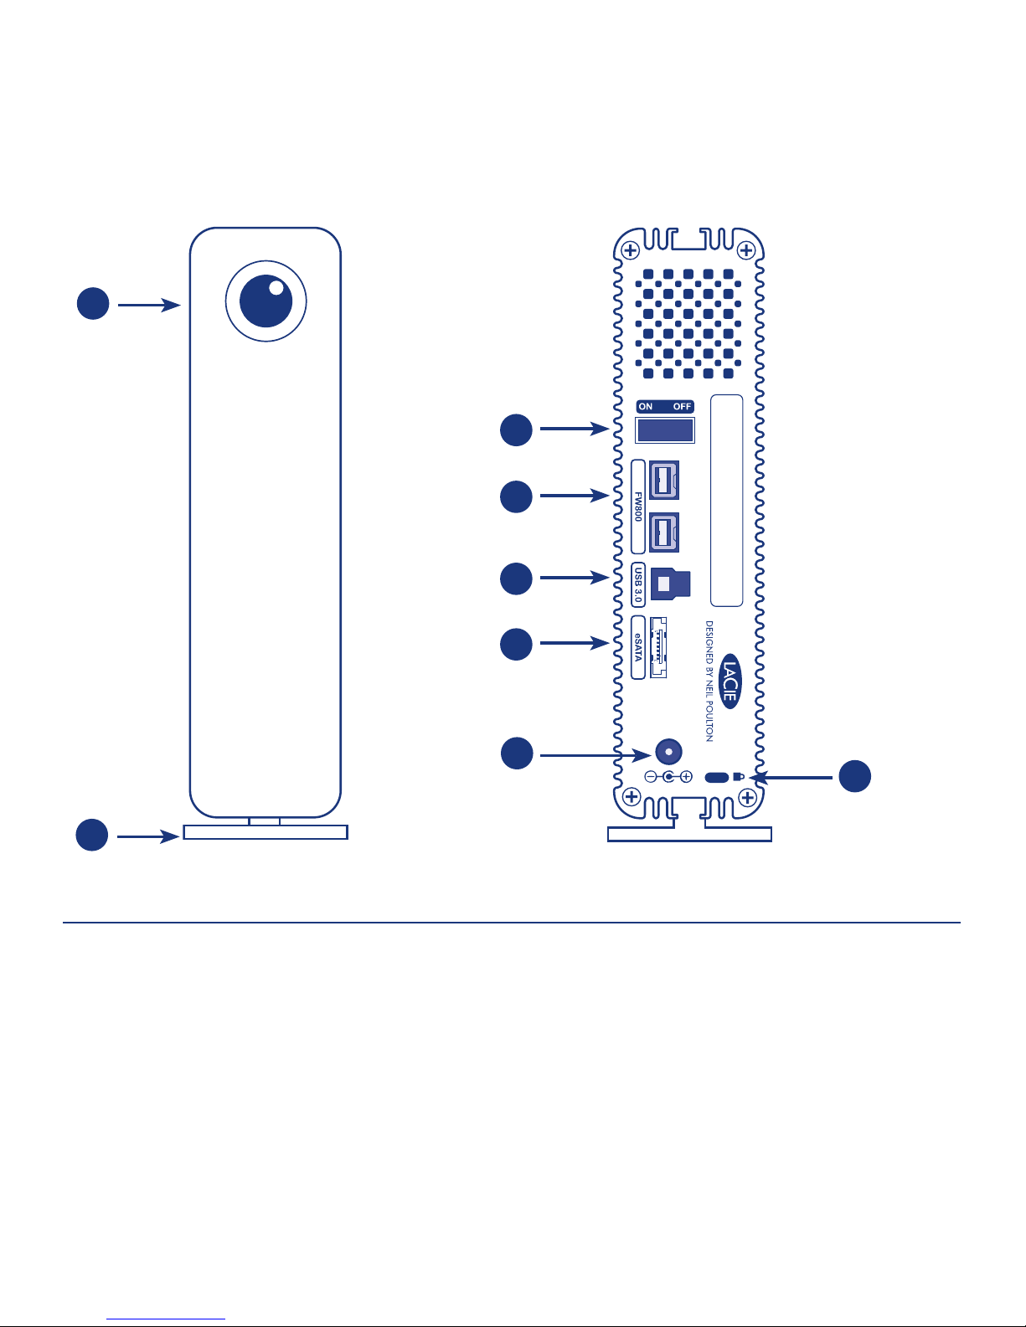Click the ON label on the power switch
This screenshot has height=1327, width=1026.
click(x=646, y=406)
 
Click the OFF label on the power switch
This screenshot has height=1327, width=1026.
click(x=682, y=406)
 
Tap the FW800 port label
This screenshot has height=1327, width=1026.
click(x=638, y=507)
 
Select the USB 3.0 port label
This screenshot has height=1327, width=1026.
click(x=638, y=584)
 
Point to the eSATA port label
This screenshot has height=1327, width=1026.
click(x=638, y=647)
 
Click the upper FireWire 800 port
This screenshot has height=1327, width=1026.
click(x=664, y=480)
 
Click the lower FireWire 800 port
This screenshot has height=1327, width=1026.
click(x=664, y=532)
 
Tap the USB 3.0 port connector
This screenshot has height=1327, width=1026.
click(x=671, y=584)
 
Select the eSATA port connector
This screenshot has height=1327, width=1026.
click(x=658, y=647)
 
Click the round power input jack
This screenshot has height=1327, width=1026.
click(x=668, y=751)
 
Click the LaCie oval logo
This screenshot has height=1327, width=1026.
click(x=730, y=682)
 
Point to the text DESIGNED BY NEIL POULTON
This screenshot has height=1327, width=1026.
click(x=709, y=681)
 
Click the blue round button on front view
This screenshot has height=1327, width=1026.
click(x=266, y=301)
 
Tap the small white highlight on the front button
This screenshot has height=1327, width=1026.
click(x=276, y=288)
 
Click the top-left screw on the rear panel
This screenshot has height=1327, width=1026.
click(x=630, y=249)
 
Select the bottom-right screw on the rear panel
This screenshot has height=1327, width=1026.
click(x=748, y=798)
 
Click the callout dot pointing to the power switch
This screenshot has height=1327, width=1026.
click(x=516, y=430)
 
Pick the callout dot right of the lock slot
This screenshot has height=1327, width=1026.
click(x=855, y=776)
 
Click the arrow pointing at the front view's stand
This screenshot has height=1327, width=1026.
click(x=148, y=836)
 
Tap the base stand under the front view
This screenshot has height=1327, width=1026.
click(x=266, y=831)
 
